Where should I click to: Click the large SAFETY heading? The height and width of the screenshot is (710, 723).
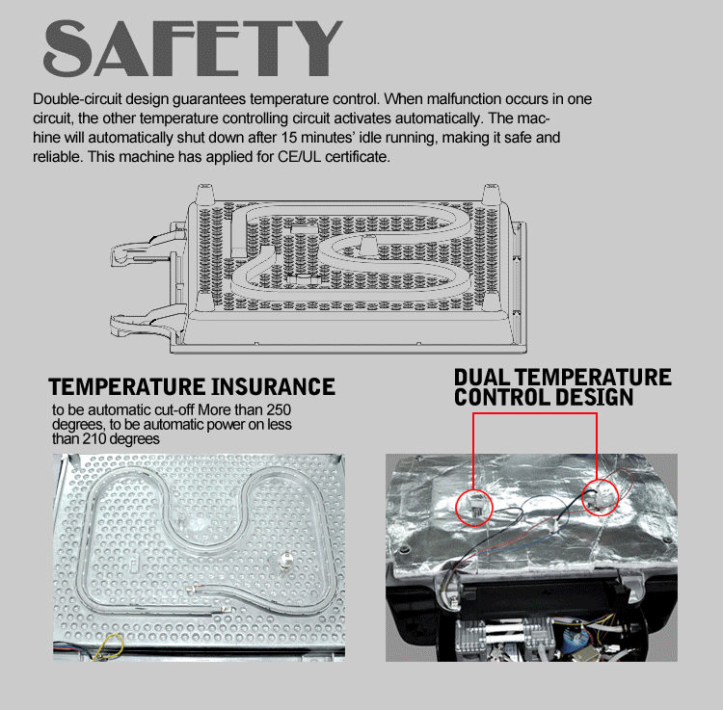click(x=194, y=45)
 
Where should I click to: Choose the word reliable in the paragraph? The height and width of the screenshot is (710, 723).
click(x=55, y=157)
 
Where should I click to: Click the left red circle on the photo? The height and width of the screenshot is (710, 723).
click(x=473, y=504)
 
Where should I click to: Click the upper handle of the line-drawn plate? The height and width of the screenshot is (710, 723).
click(x=135, y=253)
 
